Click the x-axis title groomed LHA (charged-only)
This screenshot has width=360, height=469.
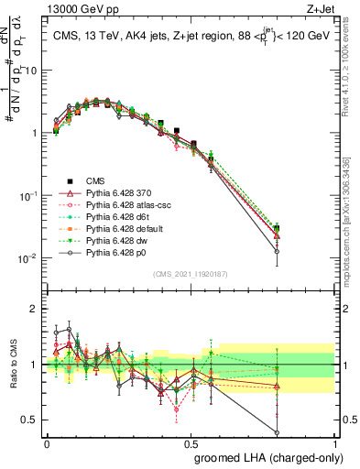click(265, 455)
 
